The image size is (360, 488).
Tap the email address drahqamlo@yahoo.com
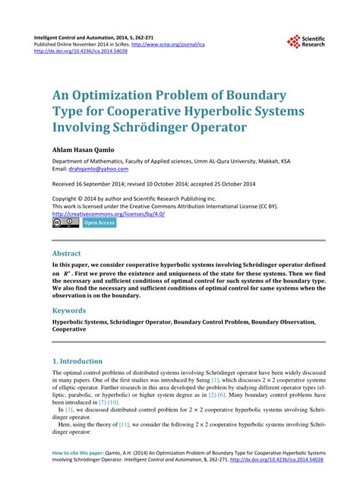pyautogui.click(x=96, y=170)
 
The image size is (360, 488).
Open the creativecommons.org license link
pyautogui.click(x=108, y=214)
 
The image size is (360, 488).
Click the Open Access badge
pyautogui.click(x=99, y=223)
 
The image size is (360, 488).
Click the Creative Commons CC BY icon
pyautogui.click(x=65, y=223)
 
